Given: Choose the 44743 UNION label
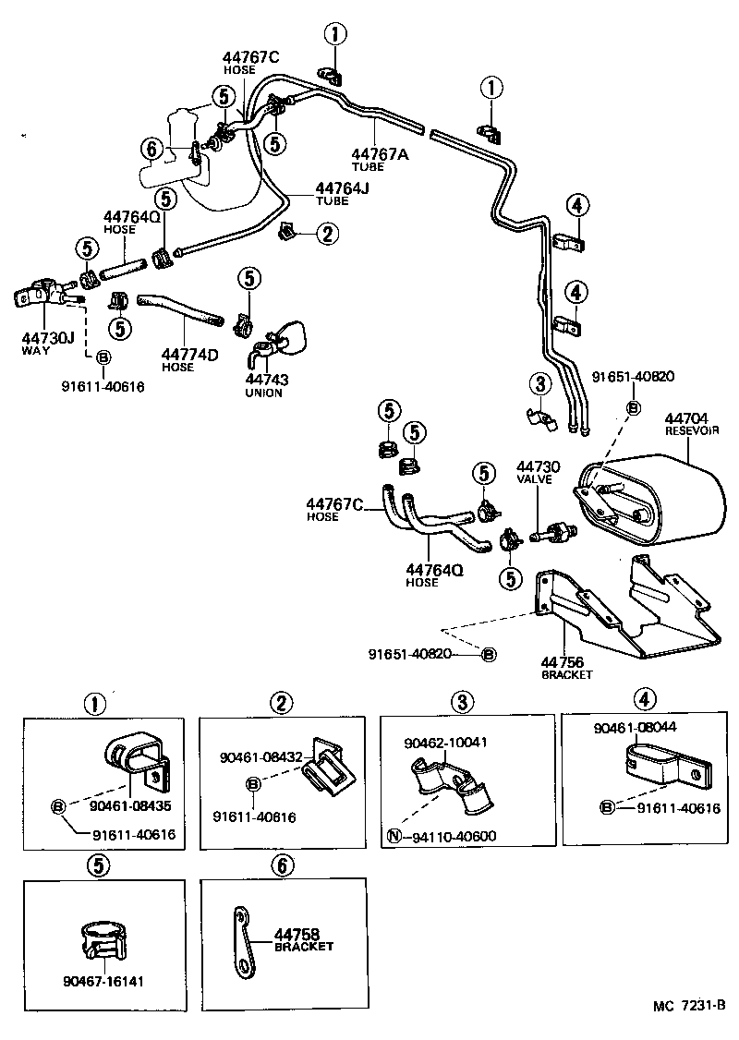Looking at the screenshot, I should (x=265, y=380).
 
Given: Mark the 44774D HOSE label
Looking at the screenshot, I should (x=189, y=355).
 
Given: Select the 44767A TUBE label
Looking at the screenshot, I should (x=379, y=154).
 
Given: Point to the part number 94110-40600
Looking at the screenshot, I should (x=454, y=838).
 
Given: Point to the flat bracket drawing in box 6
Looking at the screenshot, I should (x=242, y=939).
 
